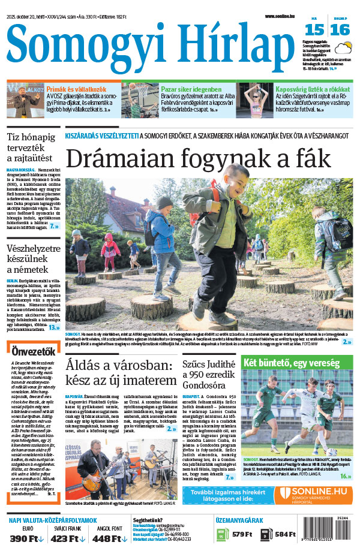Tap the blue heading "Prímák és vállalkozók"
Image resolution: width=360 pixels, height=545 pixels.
point(71,88)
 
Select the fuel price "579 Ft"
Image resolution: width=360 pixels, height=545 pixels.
point(241,534)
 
